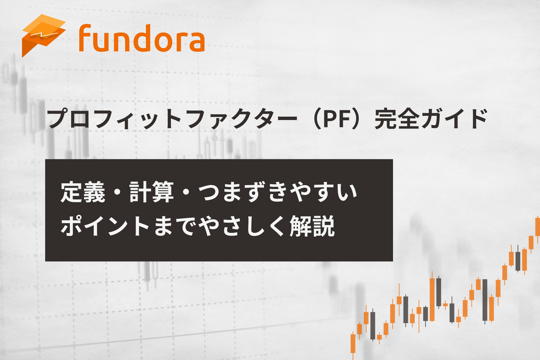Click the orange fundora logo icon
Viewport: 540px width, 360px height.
point(43,35)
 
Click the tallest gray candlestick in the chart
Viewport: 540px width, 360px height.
point(485,300)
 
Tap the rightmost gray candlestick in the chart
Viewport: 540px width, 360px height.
point(518,260)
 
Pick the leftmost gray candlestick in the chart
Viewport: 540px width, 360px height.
point(373,325)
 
